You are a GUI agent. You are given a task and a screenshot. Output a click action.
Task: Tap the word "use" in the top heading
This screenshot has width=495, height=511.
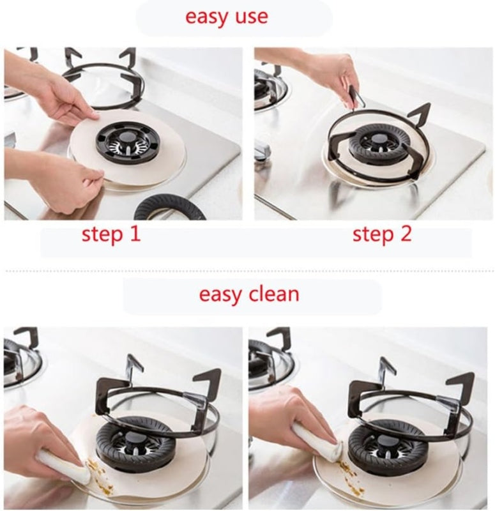[x=251, y=17]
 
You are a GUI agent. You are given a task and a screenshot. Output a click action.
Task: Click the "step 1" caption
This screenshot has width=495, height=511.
[x=111, y=234]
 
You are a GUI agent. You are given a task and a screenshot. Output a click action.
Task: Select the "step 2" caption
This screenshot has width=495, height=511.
[x=382, y=234]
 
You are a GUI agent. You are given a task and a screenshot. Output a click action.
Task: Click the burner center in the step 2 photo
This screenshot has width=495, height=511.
[x=379, y=148]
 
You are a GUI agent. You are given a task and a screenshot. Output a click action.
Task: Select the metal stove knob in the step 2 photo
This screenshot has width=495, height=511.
[x=263, y=151]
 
